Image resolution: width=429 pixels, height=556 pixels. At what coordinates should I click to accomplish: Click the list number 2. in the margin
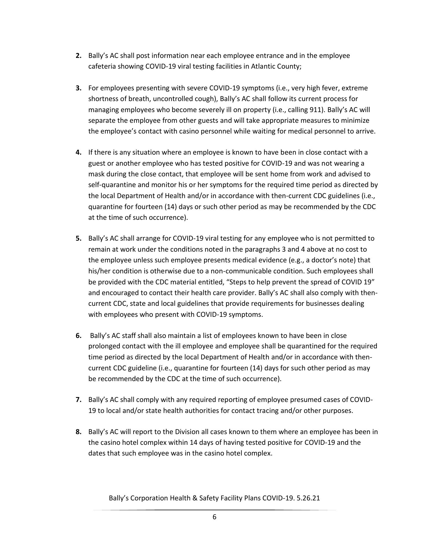pyautogui.click(x=79, y=56)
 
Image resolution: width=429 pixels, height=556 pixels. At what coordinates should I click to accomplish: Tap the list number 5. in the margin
pyautogui.click(x=79, y=239)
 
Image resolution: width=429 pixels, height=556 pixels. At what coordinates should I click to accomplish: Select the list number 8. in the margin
pyautogui.click(x=79, y=432)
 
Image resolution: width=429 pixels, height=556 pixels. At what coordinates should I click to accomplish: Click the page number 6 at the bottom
pyautogui.click(x=214, y=517)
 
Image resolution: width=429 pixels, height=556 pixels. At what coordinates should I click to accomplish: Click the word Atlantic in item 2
pyautogui.click(x=262, y=67)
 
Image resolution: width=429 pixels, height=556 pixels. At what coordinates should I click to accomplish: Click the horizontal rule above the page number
pyautogui.click(x=214, y=510)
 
